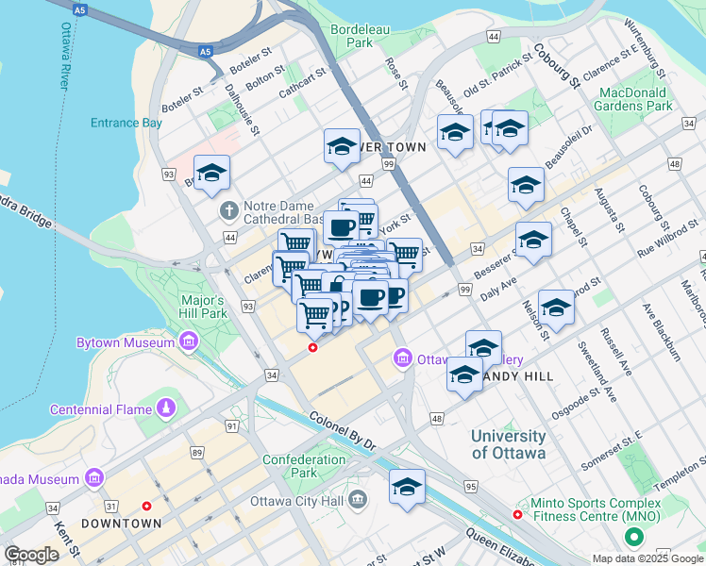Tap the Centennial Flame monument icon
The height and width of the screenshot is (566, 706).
pos(166,408)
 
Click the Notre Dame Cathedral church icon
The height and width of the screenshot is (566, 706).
pos(227,208)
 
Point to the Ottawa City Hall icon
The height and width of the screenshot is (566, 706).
pos(357,498)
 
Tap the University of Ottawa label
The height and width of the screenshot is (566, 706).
pos(508,444)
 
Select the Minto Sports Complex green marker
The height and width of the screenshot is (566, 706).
pos(633,538)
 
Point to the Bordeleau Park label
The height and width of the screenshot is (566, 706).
pos(360,36)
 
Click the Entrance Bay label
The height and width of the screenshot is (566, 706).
pos(126,123)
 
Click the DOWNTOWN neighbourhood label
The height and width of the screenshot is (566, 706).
pos(121,524)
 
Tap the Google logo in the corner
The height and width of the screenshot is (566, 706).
pos(31,555)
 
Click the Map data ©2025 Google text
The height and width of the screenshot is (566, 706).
pos(647,558)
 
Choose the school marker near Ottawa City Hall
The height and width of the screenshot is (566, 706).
pos(407,488)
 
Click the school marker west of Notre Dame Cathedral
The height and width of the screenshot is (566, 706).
pos(212,173)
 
